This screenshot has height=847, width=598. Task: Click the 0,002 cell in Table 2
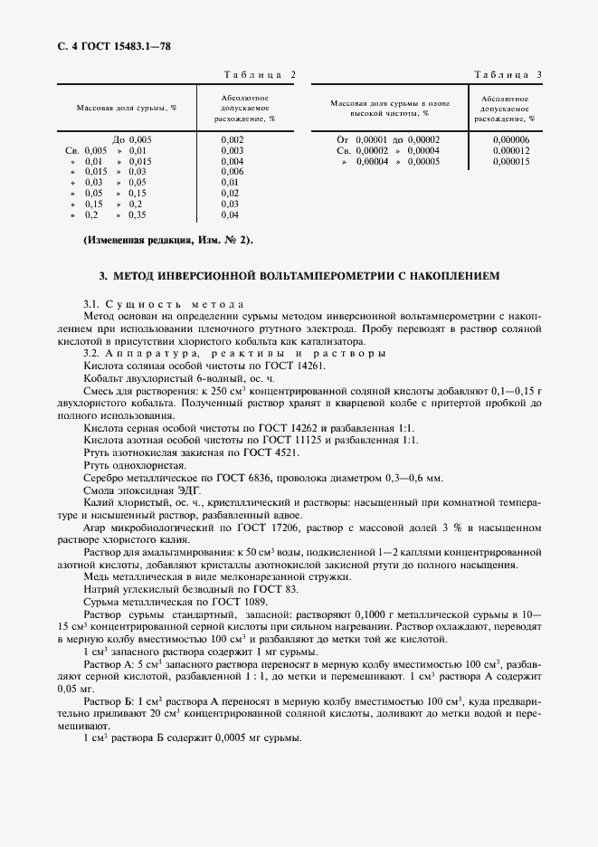[x=232, y=138]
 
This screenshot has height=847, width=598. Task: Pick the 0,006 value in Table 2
[x=232, y=171]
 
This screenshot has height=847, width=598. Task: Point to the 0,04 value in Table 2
[x=230, y=214]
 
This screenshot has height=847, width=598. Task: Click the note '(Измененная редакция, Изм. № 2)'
[x=168, y=240]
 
